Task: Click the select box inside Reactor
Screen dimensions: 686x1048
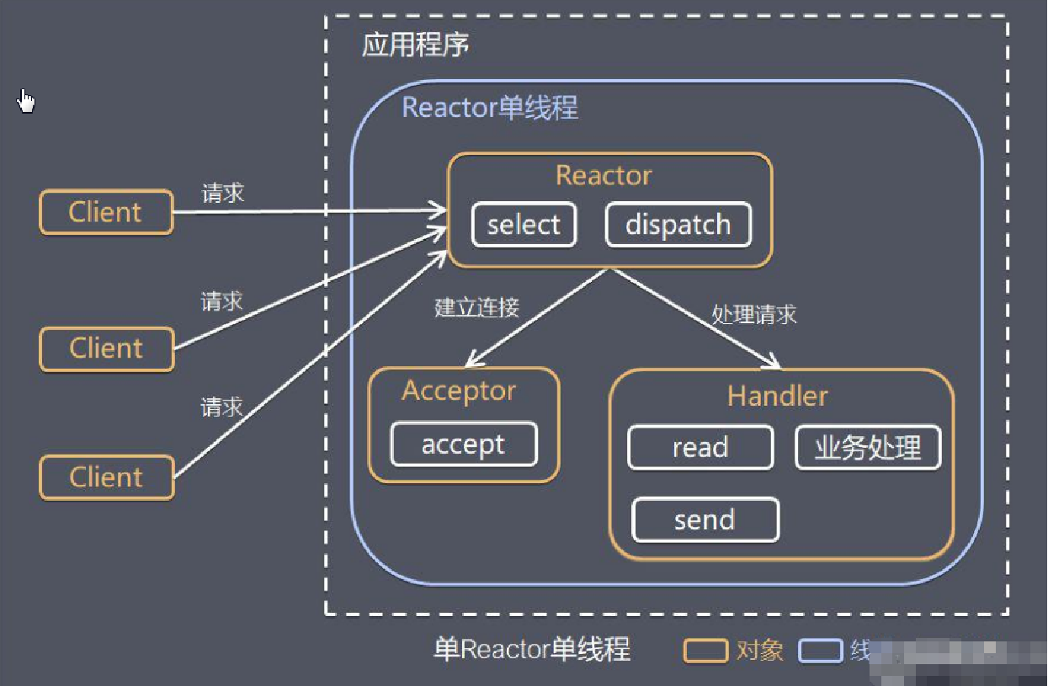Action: pyautogui.click(x=524, y=225)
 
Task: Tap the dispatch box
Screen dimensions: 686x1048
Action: pyautogui.click(x=678, y=225)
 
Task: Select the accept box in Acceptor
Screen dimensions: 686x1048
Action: pyautogui.click(x=463, y=444)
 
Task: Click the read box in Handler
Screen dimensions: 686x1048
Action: pyautogui.click(x=700, y=448)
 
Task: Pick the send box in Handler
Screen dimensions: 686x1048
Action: pyautogui.click(x=705, y=520)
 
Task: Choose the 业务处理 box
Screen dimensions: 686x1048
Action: pyautogui.click(x=867, y=448)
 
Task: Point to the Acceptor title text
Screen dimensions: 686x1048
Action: pyautogui.click(x=459, y=391)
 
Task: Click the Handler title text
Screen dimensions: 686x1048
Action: pyautogui.click(x=777, y=396)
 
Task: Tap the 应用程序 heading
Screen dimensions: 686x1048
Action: pyautogui.click(x=416, y=45)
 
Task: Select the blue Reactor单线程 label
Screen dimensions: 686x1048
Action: pyautogui.click(x=490, y=109)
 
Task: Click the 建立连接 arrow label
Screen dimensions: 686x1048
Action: pyautogui.click(x=476, y=307)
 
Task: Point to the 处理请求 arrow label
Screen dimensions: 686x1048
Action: pyautogui.click(x=753, y=315)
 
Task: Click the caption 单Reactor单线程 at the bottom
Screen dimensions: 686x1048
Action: pyautogui.click(x=531, y=650)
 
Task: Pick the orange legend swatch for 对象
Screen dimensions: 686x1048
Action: pyautogui.click(x=705, y=651)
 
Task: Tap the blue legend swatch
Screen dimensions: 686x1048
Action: pyautogui.click(x=820, y=651)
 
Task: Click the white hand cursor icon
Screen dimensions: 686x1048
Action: pyautogui.click(x=27, y=101)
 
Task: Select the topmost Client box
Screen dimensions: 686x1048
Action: pyautogui.click(x=106, y=212)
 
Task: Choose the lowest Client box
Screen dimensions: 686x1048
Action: pyautogui.click(x=106, y=477)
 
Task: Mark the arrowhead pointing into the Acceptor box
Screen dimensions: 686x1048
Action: pyautogui.click(x=472, y=361)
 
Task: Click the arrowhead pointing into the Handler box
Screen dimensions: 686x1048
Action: pyautogui.click(x=773, y=364)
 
